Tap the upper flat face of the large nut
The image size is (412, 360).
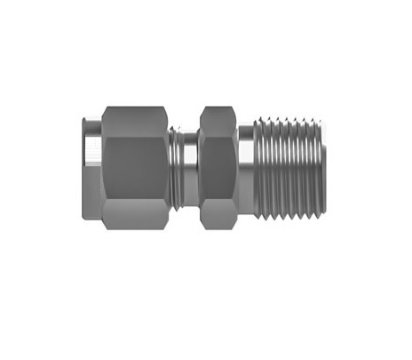tap(134, 118)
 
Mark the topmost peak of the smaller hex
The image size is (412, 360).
tap(217, 108)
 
